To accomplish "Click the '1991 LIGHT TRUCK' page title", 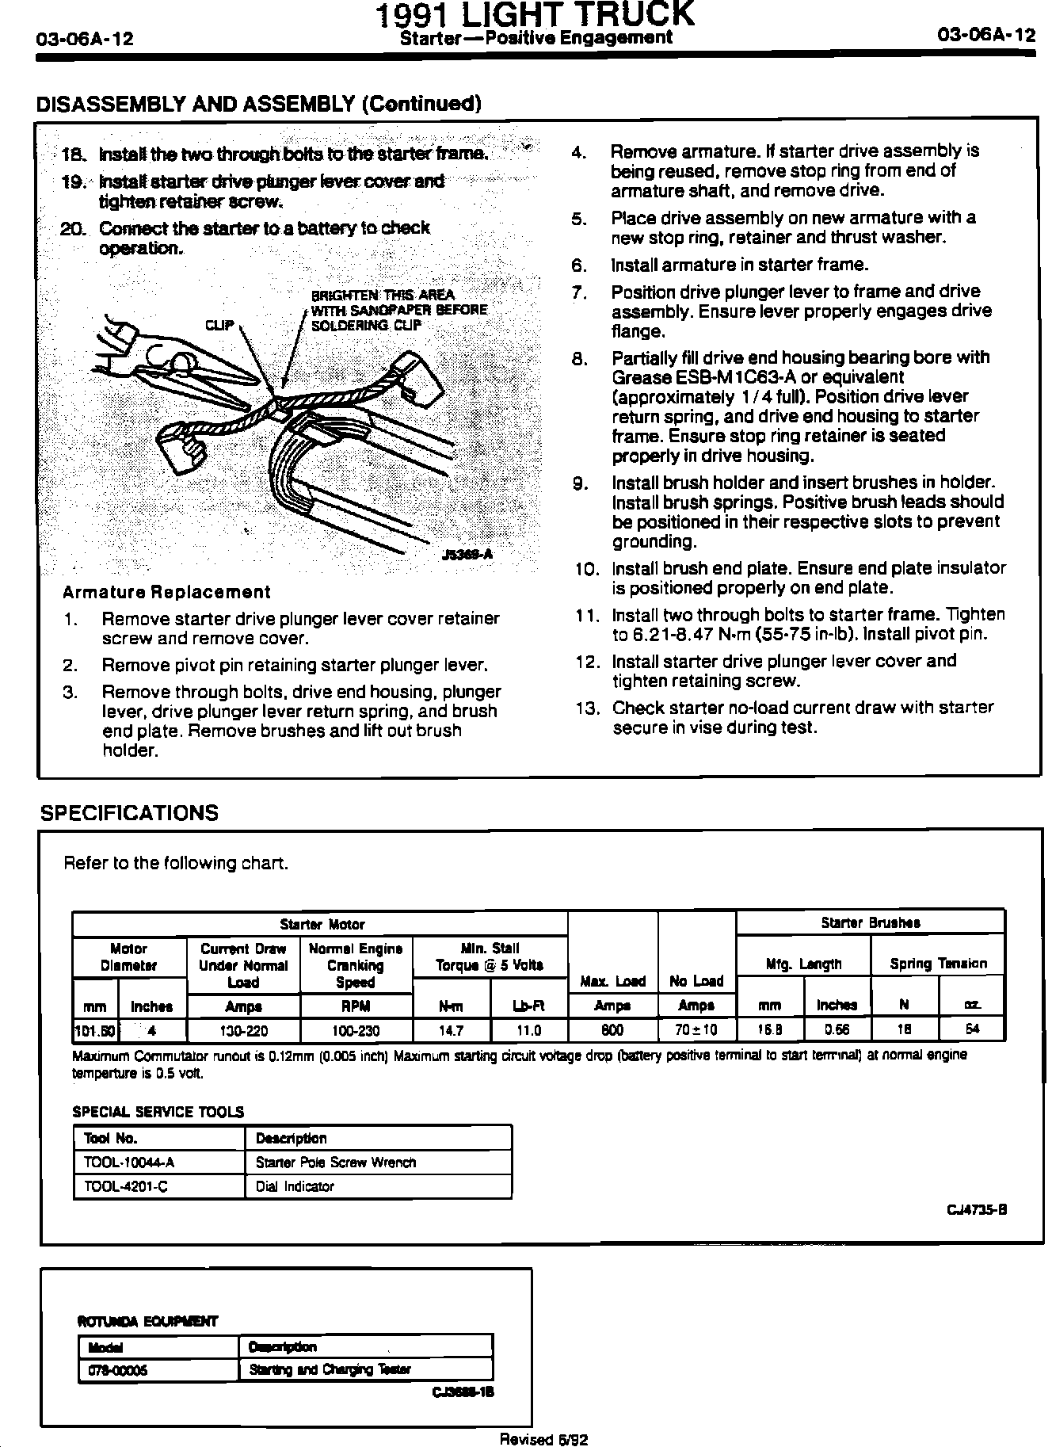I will coord(536,14).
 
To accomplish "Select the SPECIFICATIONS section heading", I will coord(128,813).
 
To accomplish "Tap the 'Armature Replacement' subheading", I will coord(166,592).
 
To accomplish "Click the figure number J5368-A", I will coord(467,555).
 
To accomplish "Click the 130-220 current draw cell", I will coord(243,1030).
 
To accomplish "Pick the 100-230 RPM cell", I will coord(356,1030).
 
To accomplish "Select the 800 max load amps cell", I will coord(612,1030).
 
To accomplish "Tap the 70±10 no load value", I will coord(696,1030).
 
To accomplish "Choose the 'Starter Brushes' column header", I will coord(870,922).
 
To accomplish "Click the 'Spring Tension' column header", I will coord(938,964).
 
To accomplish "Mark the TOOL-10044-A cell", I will coord(128,1163).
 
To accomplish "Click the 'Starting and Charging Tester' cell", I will coord(330,1369).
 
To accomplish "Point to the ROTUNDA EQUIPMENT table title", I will coord(147,1321).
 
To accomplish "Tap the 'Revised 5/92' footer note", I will coord(543,1439).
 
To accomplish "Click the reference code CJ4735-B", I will coord(976,1209).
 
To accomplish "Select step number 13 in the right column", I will coord(588,708).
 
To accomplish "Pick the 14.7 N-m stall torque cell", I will coord(451,1030).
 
